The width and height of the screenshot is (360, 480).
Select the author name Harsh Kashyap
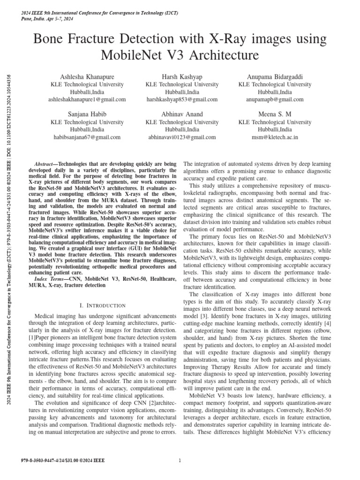click(x=182, y=76)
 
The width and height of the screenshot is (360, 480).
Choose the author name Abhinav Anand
click(x=182, y=114)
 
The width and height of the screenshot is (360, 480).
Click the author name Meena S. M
click(x=275, y=114)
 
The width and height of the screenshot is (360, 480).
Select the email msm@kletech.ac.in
click(x=275, y=137)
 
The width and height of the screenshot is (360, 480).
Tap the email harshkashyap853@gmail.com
click(x=182, y=99)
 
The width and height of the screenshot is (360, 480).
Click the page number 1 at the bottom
click(x=180, y=461)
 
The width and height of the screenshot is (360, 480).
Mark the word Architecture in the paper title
click(x=219, y=56)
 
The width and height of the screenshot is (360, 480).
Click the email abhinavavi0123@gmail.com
click(x=182, y=137)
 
